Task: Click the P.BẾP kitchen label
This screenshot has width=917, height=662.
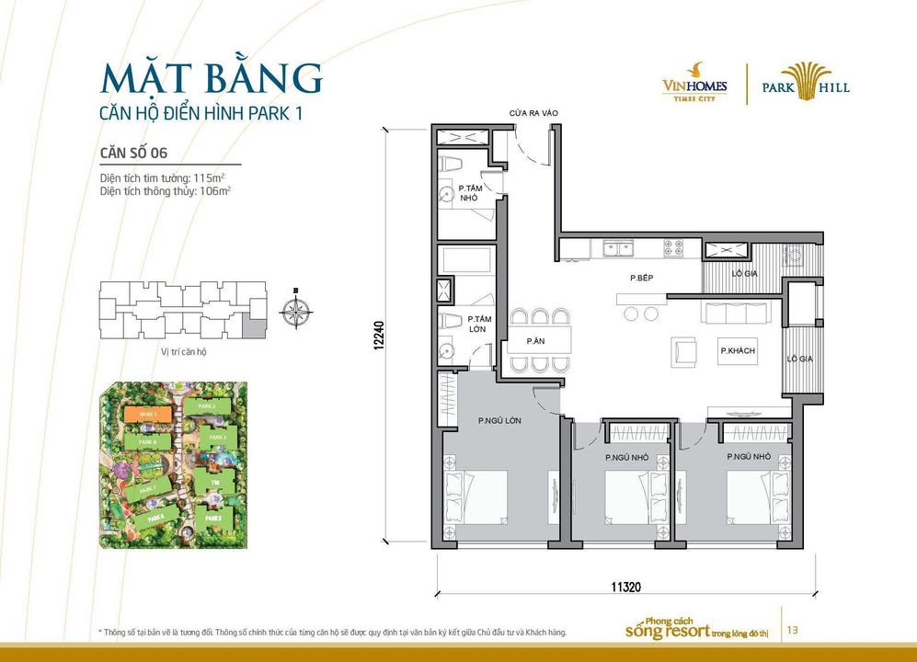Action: pyautogui.click(x=641, y=277)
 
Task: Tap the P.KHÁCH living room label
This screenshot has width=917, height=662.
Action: pyautogui.click(x=738, y=351)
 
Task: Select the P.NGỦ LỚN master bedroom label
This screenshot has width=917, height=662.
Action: pyautogui.click(x=500, y=420)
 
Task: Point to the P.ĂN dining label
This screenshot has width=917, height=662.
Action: pyautogui.click(x=535, y=340)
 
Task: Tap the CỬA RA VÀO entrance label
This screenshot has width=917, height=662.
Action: pyautogui.click(x=534, y=113)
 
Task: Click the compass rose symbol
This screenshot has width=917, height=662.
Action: pyautogui.click(x=295, y=313)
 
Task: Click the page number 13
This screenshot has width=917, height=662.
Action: pyautogui.click(x=792, y=630)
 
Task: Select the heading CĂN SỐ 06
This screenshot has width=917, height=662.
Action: pyautogui.click(x=132, y=153)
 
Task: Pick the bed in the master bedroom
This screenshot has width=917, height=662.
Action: pyautogui.click(x=477, y=496)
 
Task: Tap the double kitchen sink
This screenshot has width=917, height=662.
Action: pyautogui.click(x=615, y=247)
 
